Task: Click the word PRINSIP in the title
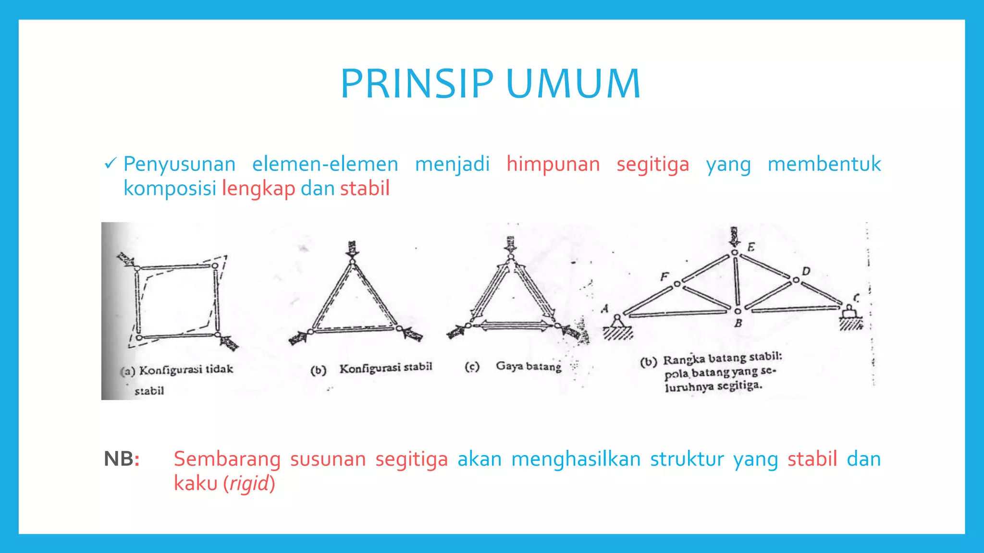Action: click(417, 84)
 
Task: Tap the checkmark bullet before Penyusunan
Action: click(110, 164)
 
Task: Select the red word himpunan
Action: click(553, 164)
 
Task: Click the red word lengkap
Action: click(258, 189)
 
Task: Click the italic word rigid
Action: click(249, 483)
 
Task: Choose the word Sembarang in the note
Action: click(227, 459)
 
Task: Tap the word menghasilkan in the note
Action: click(576, 459)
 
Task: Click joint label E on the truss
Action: click(751, 247)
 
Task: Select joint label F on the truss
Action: click(664, 276)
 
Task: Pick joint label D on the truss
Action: click(806, 271)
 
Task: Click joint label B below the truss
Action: click(738, 323)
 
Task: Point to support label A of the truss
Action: click(605, 309)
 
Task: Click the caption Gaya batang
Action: click(529, 366)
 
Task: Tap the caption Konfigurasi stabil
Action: click(386, 368)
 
